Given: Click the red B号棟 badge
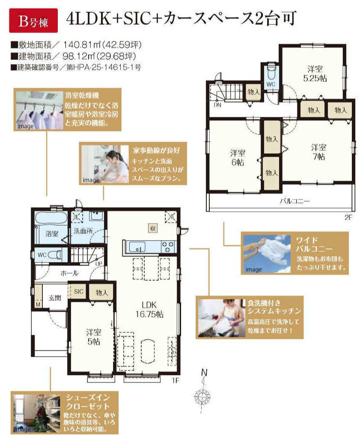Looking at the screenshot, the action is tap(33, 21).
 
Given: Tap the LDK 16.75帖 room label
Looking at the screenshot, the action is tap(149, 310).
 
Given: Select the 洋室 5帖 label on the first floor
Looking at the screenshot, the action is tap(93, 337).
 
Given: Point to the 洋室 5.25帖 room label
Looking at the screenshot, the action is tap(315, 74).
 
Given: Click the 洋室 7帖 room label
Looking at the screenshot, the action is tap(319, 152).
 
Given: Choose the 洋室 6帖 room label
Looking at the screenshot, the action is tap(238, 158).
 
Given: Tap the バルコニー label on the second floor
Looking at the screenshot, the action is tap(295, 201).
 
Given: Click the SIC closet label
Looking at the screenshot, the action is tap(79, 291).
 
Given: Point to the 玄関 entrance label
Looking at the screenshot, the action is tap(55, 298).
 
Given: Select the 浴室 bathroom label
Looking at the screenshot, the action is tap(52, 233).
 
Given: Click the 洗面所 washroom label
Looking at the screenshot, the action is tap(83, 231).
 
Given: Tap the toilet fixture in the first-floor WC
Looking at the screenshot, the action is tap(55, 255).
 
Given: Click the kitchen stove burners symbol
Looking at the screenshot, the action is tap(167, 247).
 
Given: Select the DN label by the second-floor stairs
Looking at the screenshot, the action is tap(217, 105).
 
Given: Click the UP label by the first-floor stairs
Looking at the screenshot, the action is tap(99, 264).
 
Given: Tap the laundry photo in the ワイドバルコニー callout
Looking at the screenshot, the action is tap(267, 254).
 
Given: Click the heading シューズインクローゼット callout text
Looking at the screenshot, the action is tap(88, 402).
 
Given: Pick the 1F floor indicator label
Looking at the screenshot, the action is tap(176, 381).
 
